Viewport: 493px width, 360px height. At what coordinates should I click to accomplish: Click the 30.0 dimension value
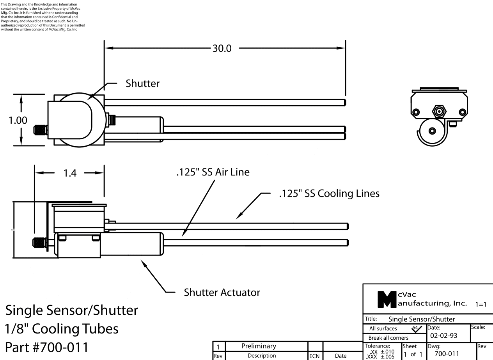click(x=221, y=48)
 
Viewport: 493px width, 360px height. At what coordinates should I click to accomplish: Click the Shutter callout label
click(x=142, y=83)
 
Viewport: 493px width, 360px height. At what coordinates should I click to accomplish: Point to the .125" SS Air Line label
click(x=212, y=172)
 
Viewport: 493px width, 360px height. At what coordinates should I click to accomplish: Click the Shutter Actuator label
click(x=222, y=292)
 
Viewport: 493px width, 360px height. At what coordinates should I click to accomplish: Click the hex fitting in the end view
click(x=440, y=112)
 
